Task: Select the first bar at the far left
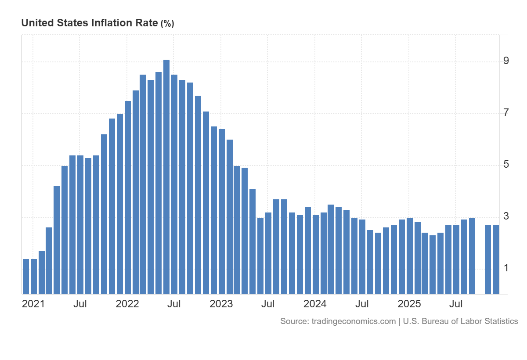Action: (26, 277)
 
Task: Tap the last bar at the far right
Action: (496, 259)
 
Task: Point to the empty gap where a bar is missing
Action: (480, 263)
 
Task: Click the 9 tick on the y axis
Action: (506, 61)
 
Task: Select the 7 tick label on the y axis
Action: (506, 113)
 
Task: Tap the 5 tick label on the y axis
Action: (506, 165)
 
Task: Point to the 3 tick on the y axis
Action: (506, 216)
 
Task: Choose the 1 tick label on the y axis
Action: (506, 268)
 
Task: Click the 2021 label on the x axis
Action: (33, 304)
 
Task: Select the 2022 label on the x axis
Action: (127, 304)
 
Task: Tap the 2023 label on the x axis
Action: (221, 304)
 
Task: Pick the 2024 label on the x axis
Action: (315, 304)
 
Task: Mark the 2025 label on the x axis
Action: (409, 304)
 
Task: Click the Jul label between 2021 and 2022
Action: (80, 304)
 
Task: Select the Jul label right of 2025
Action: (457, 304)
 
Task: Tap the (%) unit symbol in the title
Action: (167, 24)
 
